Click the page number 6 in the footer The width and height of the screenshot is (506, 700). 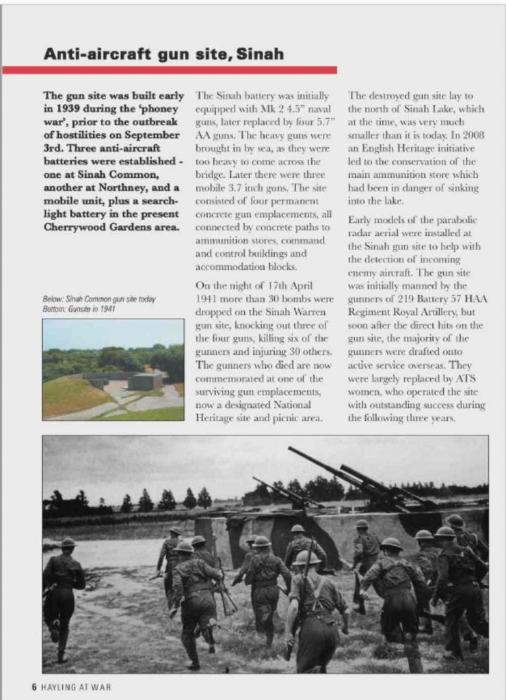[34, 686]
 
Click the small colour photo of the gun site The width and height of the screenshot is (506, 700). [113, 369]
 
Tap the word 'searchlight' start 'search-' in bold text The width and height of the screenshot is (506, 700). [158, 200]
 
